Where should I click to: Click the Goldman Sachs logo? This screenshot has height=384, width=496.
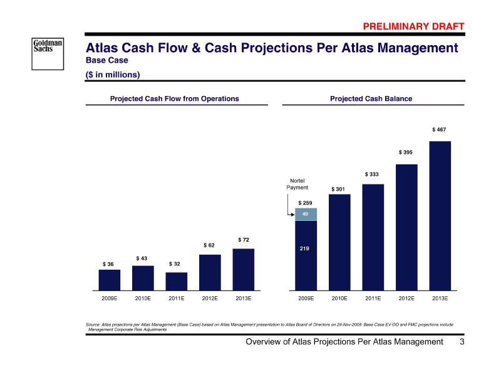coord(48,47)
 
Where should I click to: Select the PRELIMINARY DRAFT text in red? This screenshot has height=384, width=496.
coord(414,26)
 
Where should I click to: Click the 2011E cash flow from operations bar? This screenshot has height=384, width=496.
coord(177,281)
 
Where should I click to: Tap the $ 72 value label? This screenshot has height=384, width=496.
coord(244,240)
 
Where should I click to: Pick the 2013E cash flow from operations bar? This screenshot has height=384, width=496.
coord(244,269)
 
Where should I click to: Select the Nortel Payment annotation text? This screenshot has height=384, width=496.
coord(297,184)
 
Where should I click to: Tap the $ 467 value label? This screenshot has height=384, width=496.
coord(439,129)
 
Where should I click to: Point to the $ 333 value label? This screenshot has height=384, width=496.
coord(372,174)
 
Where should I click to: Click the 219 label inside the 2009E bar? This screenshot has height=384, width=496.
coord(305,249)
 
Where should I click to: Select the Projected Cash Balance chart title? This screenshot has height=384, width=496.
coord(371,99)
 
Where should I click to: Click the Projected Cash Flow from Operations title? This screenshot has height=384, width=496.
coord(175,99)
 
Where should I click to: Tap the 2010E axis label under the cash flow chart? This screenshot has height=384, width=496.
coord(143,299)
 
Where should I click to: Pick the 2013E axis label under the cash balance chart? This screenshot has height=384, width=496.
coord(440,299)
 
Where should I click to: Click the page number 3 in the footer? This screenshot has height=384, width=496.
coord(462,342)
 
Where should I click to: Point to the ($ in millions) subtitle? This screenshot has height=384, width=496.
coord(113,75)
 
